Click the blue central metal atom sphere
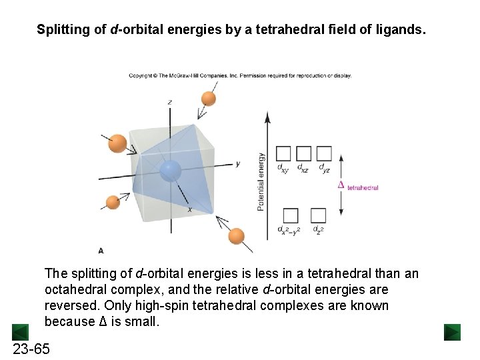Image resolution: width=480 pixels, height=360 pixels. click(x=171, y=171)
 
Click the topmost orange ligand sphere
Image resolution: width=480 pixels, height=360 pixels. click(x=209, y=98)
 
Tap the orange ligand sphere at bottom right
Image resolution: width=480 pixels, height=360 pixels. click(x=236, y=236)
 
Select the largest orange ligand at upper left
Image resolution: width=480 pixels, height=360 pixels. click(x=117, y=143)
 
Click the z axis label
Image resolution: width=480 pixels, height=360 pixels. click(x=170, y=102)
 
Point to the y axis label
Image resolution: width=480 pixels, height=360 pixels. click(x=238, y=163)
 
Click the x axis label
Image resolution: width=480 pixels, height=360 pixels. click(x=189, y=209)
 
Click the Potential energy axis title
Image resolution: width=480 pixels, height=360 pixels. click(x=261, y=182)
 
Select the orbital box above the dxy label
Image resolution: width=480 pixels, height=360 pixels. click(x=283, y=153)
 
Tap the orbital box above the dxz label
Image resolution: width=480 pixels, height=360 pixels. click(x=303, y=153)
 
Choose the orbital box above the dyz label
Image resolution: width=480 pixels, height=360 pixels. click(x=324, y=153)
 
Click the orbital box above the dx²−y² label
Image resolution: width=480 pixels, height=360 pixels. click(x=291, y=215)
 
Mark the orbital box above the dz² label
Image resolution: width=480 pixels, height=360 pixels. click(x=318, y=215)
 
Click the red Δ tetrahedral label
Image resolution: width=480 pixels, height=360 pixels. click(x=358, y=186)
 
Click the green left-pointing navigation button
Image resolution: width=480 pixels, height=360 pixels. click(x=20, y=331)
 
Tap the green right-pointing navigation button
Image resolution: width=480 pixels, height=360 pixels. click(x=452, y=331)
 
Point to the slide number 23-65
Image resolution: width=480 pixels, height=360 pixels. click(x=31, y=349)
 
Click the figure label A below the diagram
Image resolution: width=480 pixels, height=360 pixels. click(x=101, y=251)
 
